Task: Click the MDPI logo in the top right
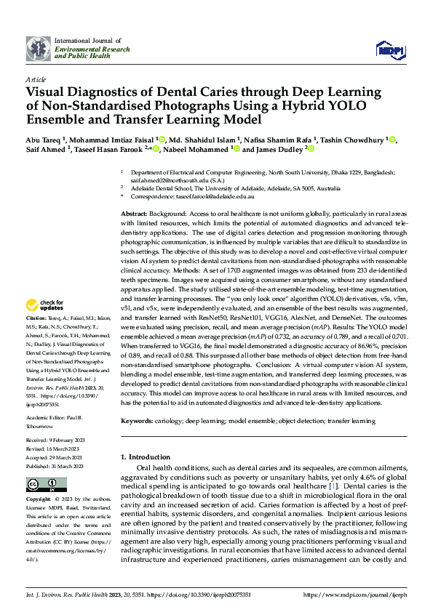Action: pos(389,49)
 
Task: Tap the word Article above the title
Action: pos(36,79)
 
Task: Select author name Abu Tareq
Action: pos(45,139)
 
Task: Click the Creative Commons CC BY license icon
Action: pos(46,485)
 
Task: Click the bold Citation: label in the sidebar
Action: pos(37,339)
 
